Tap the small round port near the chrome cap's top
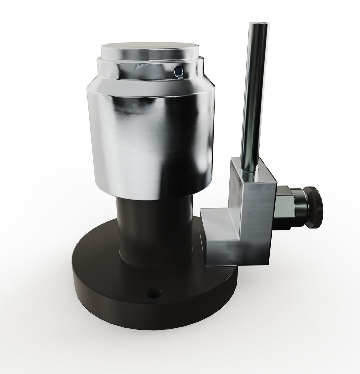(179, 71)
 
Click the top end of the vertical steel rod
(259, 25)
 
